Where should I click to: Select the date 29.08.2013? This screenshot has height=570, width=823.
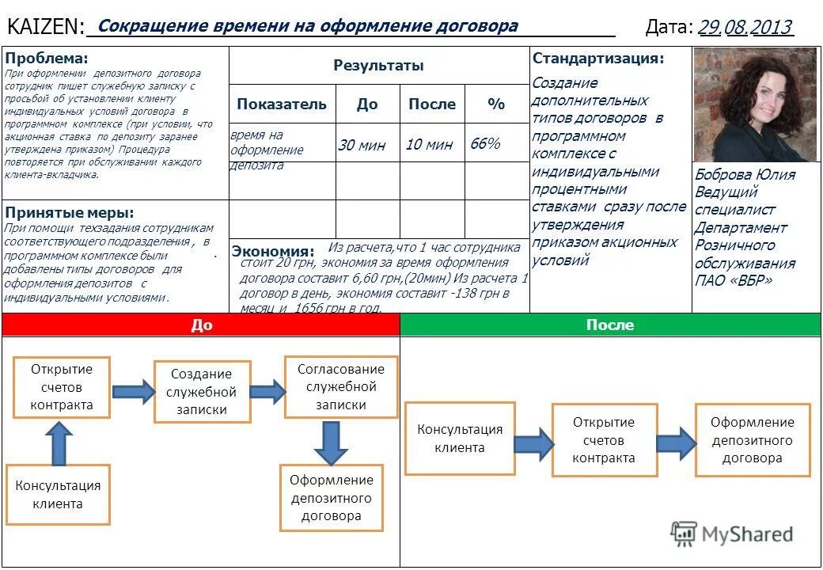(745, 28)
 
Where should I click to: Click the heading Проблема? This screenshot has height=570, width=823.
(47, 59)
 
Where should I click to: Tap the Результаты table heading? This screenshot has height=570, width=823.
(378, 66)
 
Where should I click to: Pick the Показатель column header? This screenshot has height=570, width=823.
(281, 104)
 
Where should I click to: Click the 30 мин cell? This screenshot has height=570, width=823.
(362, 145)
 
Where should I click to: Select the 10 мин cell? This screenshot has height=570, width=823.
(429, 144)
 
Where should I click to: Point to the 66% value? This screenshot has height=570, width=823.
(485, 143)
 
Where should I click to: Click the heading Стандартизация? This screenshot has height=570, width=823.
(598, 59)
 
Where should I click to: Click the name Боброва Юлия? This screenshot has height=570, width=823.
(745, 174)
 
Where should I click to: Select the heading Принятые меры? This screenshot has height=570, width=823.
(70, 212)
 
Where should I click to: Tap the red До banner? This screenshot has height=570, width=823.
(202, 325)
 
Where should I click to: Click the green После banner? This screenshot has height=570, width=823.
(610, 325)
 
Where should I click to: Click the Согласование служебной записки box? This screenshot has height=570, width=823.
(340, 386)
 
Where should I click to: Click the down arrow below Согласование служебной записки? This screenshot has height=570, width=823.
(331, 443)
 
